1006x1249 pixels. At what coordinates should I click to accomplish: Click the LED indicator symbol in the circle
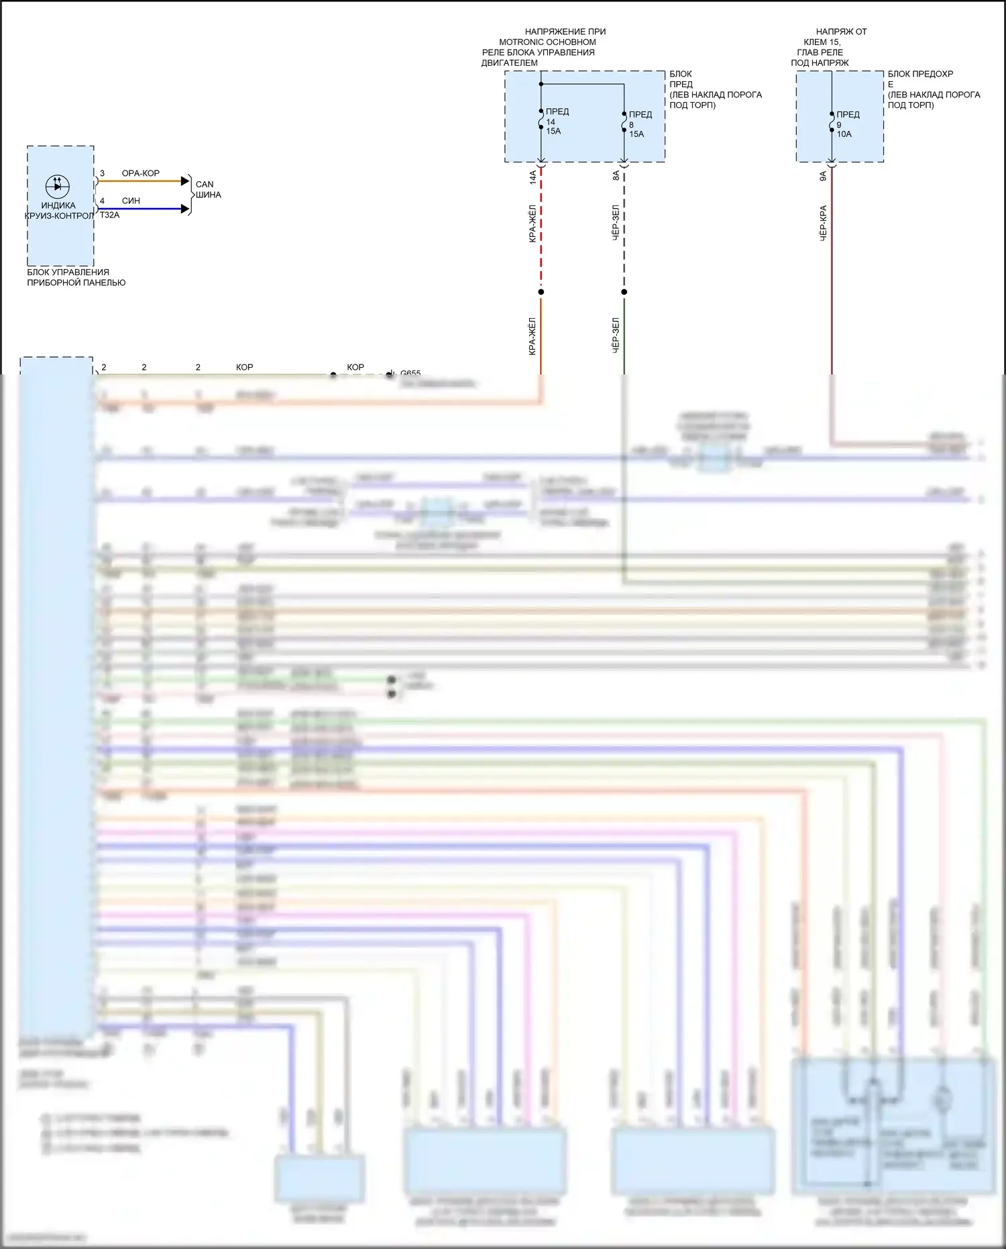click(58, 185)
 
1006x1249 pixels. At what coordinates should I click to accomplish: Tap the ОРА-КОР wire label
click(140, 173)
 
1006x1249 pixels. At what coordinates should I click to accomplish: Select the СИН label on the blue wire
click(131, 201)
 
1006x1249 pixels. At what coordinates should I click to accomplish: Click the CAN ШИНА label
click(208, 189)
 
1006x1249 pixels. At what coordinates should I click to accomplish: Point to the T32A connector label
click(109, 215)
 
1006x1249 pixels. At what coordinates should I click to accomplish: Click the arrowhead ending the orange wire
click(186, 181)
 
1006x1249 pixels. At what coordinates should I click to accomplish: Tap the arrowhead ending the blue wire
click(186, 209)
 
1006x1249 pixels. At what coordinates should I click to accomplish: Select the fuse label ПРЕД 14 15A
click(556, 121)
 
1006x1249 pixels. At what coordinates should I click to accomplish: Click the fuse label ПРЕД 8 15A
click(639, 124)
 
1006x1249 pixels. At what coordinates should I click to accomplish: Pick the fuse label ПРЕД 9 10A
click(847, 124)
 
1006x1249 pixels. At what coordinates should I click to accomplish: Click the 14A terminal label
click(533, 177)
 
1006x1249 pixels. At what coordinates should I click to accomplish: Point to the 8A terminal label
click(616, 176)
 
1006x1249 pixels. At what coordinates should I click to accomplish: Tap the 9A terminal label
click(823, 177)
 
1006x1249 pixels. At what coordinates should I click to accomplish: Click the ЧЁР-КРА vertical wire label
click(823, 223)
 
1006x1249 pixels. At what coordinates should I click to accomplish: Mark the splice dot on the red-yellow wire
click(541, 292)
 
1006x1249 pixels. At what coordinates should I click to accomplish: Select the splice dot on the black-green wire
click(624, 292)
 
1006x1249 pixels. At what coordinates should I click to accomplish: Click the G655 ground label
click(410, 372)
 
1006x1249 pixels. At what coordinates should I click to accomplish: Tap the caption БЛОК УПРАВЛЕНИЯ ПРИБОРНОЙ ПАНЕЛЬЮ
click(76, 277)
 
